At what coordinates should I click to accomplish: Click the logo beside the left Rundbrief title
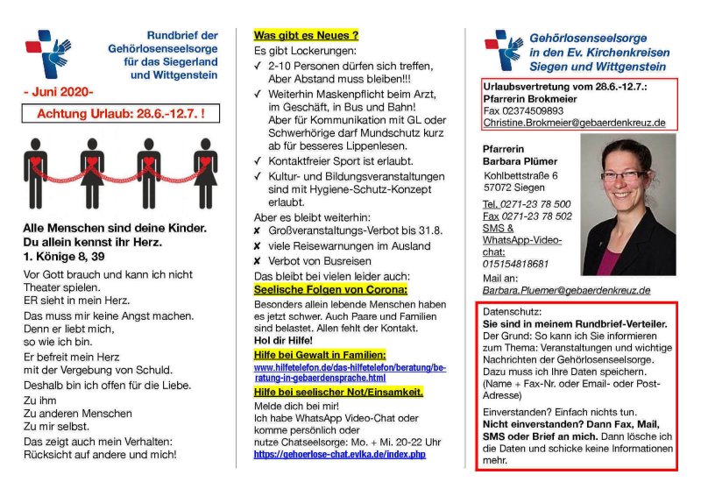tap(44, 53)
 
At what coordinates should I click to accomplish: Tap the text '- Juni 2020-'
tap(58, 90)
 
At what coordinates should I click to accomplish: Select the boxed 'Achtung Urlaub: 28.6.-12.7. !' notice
tap(120, 114)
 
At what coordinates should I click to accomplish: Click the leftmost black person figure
tap(36, 173)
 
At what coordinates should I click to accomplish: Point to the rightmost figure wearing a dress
tap(205, 173)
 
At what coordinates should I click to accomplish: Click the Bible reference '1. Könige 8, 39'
tap(63, 257)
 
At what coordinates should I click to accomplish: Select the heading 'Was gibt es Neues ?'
tap(306, 36)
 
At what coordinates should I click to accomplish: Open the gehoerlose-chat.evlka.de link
tap(339, 455)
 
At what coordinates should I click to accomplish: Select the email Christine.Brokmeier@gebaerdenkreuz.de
tap(574, 123)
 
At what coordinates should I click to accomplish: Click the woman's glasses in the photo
tap(623, 175)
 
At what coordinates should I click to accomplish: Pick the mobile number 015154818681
tap(515, 263)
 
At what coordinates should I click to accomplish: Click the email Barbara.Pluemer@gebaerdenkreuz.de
tap(566, 289)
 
